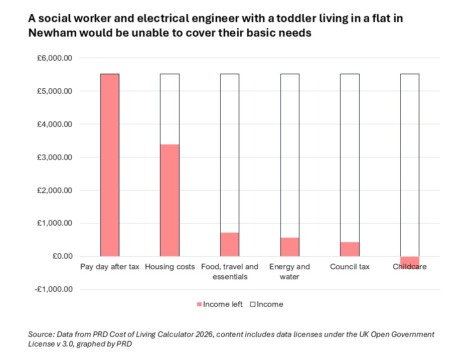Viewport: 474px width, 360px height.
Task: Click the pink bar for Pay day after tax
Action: point(109,165)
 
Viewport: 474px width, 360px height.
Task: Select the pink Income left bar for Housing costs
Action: point(170,200)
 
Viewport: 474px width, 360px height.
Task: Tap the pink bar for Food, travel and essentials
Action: point(230,244)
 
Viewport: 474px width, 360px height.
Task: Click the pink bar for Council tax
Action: point(350,249)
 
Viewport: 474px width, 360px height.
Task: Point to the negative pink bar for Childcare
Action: point(409,262)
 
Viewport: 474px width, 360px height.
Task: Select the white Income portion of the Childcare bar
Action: point(409,165)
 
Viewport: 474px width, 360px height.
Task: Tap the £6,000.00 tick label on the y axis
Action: point(55,58)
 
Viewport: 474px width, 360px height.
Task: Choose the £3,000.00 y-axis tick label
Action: point(55,157)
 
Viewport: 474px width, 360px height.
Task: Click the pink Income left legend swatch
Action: point(199,304)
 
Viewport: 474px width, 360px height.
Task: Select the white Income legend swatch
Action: point(253,304)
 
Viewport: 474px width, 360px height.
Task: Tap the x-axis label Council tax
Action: point(350,267)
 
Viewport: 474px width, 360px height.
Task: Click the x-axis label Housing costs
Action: point(170,267)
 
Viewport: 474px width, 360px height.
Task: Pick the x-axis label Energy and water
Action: point(289,271)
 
